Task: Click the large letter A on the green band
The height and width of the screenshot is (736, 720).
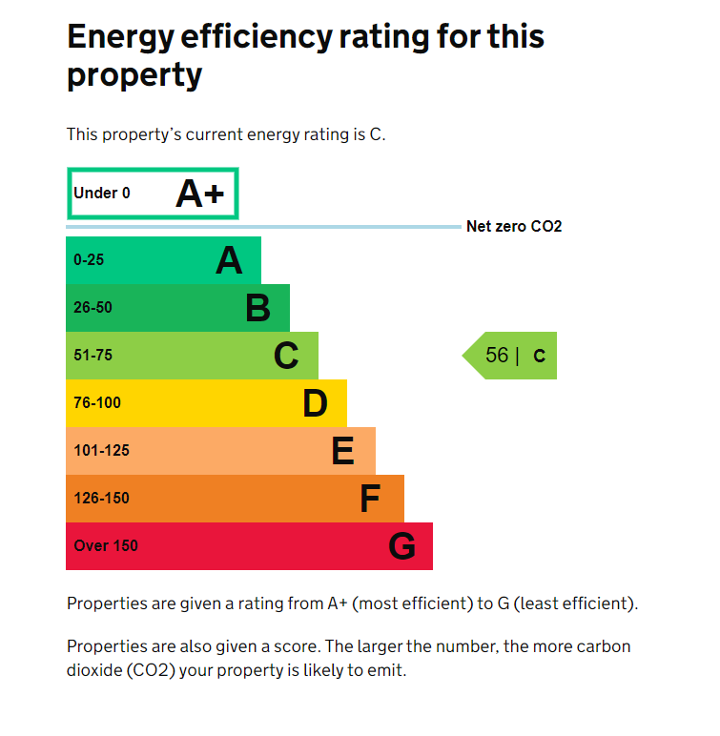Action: (x=229, y=260)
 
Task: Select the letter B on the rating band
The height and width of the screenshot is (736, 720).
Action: (x=257, y=308)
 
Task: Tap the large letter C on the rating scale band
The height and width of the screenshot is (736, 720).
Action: (x=286, y=356)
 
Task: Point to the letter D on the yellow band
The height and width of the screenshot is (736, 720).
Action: (x=315, y=403)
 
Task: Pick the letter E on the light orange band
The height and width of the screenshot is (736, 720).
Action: (x=342, y=451)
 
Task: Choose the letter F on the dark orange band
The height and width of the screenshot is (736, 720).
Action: (x=370, y=499)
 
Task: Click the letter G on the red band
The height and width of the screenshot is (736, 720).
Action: (x=402, y=546)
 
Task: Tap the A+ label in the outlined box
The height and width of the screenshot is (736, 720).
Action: (x=200, y=194)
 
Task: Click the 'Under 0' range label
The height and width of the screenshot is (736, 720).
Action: (x=102, y=194)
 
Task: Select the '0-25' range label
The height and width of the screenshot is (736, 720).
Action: (x=89, y=260)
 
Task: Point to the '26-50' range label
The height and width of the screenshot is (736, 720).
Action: (x=93, y=308)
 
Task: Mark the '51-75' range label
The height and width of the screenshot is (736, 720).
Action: (x=93, y=356)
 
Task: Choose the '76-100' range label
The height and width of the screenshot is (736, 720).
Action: (x=97, y=403)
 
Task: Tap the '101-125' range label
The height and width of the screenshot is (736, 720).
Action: (x=101, y=451)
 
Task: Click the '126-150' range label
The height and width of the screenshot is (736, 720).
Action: (x=101, y=499)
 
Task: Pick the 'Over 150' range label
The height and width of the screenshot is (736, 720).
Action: (x=106, y=546)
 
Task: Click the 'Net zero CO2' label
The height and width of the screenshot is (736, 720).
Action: (x=514, y=227)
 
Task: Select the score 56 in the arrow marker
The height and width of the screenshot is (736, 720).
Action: (x=497, y=356)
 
